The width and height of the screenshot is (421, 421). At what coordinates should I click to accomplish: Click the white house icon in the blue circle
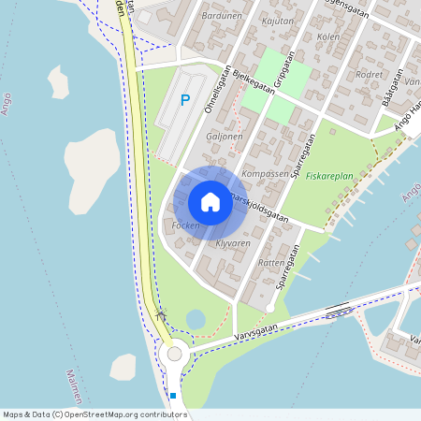(x=210, y=202)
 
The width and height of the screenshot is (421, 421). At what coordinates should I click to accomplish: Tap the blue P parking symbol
(x=185, y=100)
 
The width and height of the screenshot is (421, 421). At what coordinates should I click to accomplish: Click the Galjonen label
(x=224, y=136)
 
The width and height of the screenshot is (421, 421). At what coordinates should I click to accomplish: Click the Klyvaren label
(x=233, y=243)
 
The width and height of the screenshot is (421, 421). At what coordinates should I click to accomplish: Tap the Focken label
(x=186, y=226)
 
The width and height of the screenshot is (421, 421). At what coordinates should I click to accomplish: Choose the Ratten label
(x=270, y=263)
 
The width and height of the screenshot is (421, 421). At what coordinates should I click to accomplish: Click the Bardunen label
(x=222, y=15)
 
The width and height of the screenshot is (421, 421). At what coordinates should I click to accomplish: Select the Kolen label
(x=328, y=36)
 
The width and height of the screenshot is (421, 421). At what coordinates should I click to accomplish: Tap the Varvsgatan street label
(x=257, y=328)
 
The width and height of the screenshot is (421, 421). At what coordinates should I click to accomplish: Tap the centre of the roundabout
(x=174, y=354)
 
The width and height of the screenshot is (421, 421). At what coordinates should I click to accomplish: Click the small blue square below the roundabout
(x=173, y=396)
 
